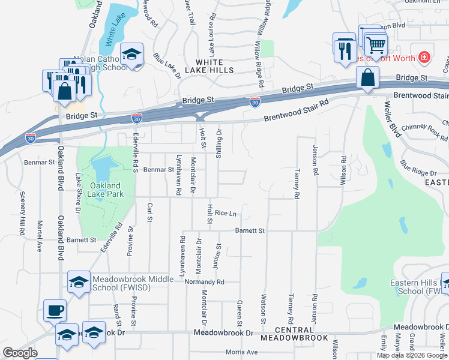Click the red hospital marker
424,56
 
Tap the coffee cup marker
55,310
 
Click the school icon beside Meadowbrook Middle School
79,282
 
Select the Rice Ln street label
226,213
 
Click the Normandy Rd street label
204,281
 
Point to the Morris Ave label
241,352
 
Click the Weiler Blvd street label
391,121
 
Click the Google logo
20,353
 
